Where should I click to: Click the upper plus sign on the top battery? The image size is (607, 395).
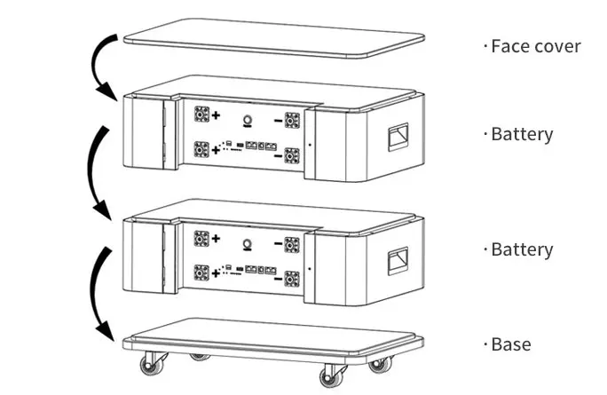(x=216, y=116)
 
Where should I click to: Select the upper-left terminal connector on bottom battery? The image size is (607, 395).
(x=201, y=237)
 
